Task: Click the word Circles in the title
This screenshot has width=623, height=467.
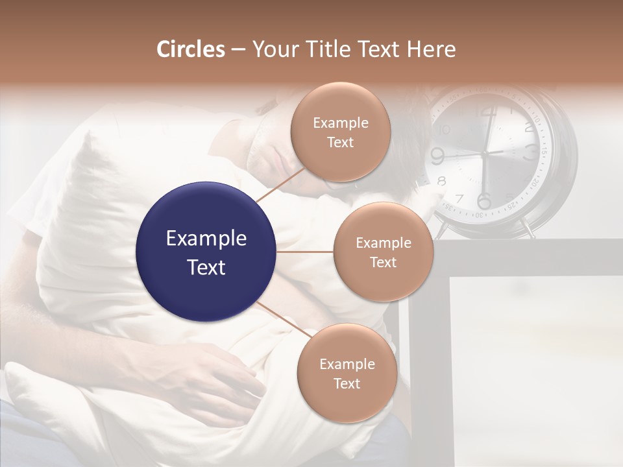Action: [191, 49]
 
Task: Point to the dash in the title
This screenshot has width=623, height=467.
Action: [238, 50]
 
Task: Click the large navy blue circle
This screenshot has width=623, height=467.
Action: [206, 252]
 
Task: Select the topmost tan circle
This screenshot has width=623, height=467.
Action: [340, 132]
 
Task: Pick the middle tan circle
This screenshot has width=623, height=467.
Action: [383, 252]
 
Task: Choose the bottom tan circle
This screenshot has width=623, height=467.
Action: [347, 373]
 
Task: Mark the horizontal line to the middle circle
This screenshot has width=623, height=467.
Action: [305, 252]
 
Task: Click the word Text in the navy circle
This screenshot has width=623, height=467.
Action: [206, 267]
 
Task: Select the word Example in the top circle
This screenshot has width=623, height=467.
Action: [340, 123]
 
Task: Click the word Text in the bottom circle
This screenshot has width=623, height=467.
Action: [347, 383]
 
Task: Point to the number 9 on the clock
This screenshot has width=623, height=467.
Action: [437, 156]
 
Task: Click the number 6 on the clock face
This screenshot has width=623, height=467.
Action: [484, 200]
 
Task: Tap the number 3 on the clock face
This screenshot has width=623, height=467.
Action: [530, 153]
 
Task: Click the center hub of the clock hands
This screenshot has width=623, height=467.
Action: [484, 153]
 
